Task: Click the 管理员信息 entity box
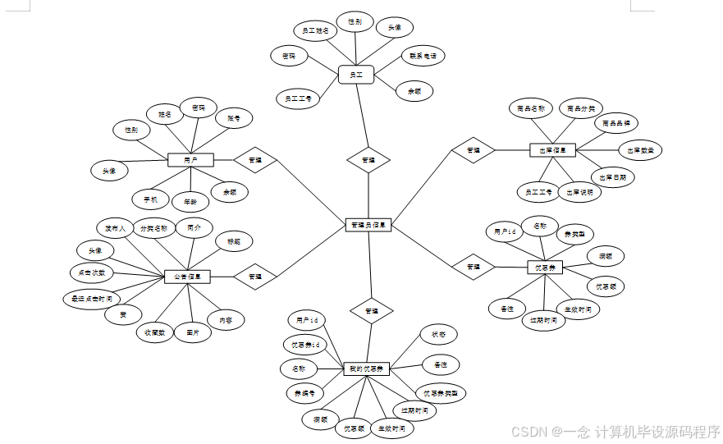[x=368, y=224]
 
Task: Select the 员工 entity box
[x=356, y=75]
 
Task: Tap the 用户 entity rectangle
[x=190, y=159]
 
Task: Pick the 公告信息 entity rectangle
[x=188, y=277]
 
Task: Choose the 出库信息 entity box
[x=553, y=150]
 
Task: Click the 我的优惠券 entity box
[x=366, y=368]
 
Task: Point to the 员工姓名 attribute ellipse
[x=315, y=31]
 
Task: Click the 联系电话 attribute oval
[x=423, y=57]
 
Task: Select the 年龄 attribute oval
[x=190, y=200]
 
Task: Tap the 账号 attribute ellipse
[x=233, y=119]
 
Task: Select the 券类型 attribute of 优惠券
[x=574, y=234]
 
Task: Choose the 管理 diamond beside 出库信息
[x=474, y=150]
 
